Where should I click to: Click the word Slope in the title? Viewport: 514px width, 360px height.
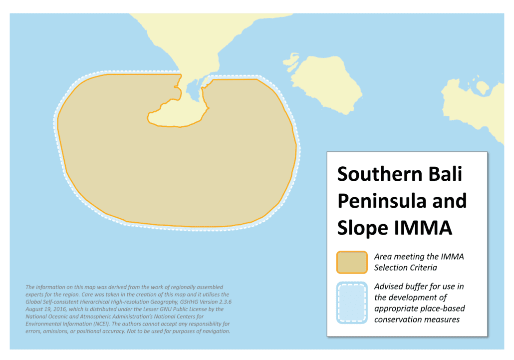[362, 228]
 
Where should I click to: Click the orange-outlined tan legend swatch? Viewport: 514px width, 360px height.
[352, 262]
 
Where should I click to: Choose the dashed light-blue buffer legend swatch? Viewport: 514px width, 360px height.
[352, 303]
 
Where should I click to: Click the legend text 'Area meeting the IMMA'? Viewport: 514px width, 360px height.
[419, 257]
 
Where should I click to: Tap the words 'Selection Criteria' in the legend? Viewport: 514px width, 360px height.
[406, 268]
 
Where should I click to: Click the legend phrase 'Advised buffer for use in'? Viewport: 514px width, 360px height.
[419, 287]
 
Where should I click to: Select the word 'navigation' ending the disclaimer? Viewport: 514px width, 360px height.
[217, 331]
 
